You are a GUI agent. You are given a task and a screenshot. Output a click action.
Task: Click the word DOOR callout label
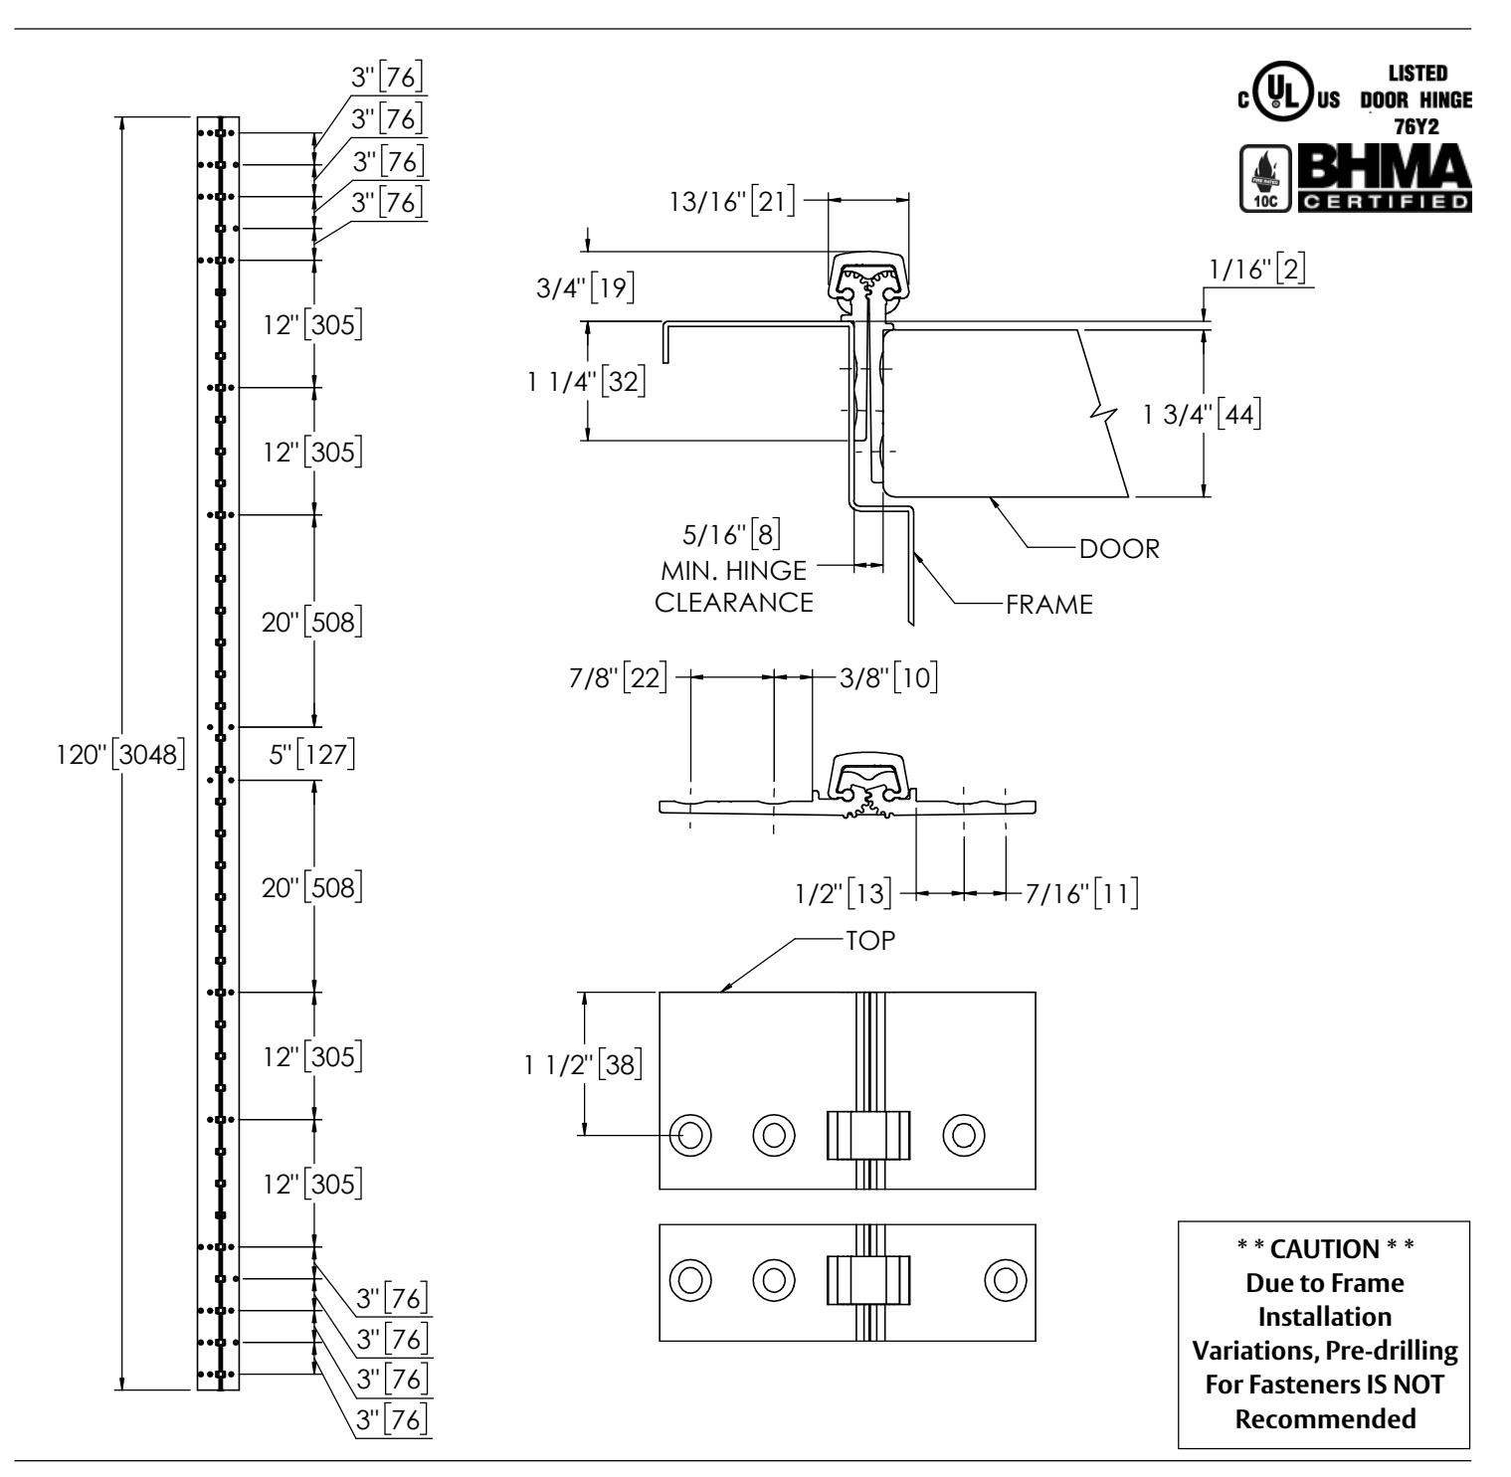coord(1120,548)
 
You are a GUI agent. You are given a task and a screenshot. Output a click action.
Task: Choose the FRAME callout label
coord(1049,604)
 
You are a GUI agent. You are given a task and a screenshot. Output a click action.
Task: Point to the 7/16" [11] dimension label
coord(1081,892)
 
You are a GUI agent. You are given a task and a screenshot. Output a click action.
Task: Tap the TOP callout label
coord(870,940)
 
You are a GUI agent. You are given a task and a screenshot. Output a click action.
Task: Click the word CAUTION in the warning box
coord(1323,1247)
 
